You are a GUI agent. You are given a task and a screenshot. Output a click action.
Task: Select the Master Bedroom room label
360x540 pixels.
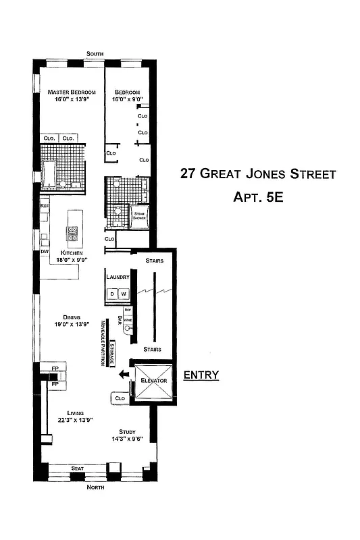tap(71, 92)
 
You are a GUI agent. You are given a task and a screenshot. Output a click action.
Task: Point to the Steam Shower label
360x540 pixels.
tap(139, 216)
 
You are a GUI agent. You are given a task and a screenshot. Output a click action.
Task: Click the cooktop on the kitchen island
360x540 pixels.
tap(72, 234)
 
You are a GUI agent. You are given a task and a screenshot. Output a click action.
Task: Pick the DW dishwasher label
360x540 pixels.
tap(45, 252)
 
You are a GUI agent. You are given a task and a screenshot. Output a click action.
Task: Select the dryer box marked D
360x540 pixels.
tap(112, 294)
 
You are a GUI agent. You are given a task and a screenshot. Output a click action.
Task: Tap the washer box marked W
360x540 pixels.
tap(124, 294)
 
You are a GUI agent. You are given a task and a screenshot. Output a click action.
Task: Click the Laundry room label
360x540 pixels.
tap(118, 277)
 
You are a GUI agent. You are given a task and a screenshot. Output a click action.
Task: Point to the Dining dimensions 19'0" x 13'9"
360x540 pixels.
tap(72, 324)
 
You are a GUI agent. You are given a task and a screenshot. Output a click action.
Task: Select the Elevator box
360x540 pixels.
tap(153, 381)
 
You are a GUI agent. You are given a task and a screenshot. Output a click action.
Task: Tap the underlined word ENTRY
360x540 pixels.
tap(201, 375)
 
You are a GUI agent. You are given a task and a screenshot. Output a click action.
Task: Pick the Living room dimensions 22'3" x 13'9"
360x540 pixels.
tap(74, 419)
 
